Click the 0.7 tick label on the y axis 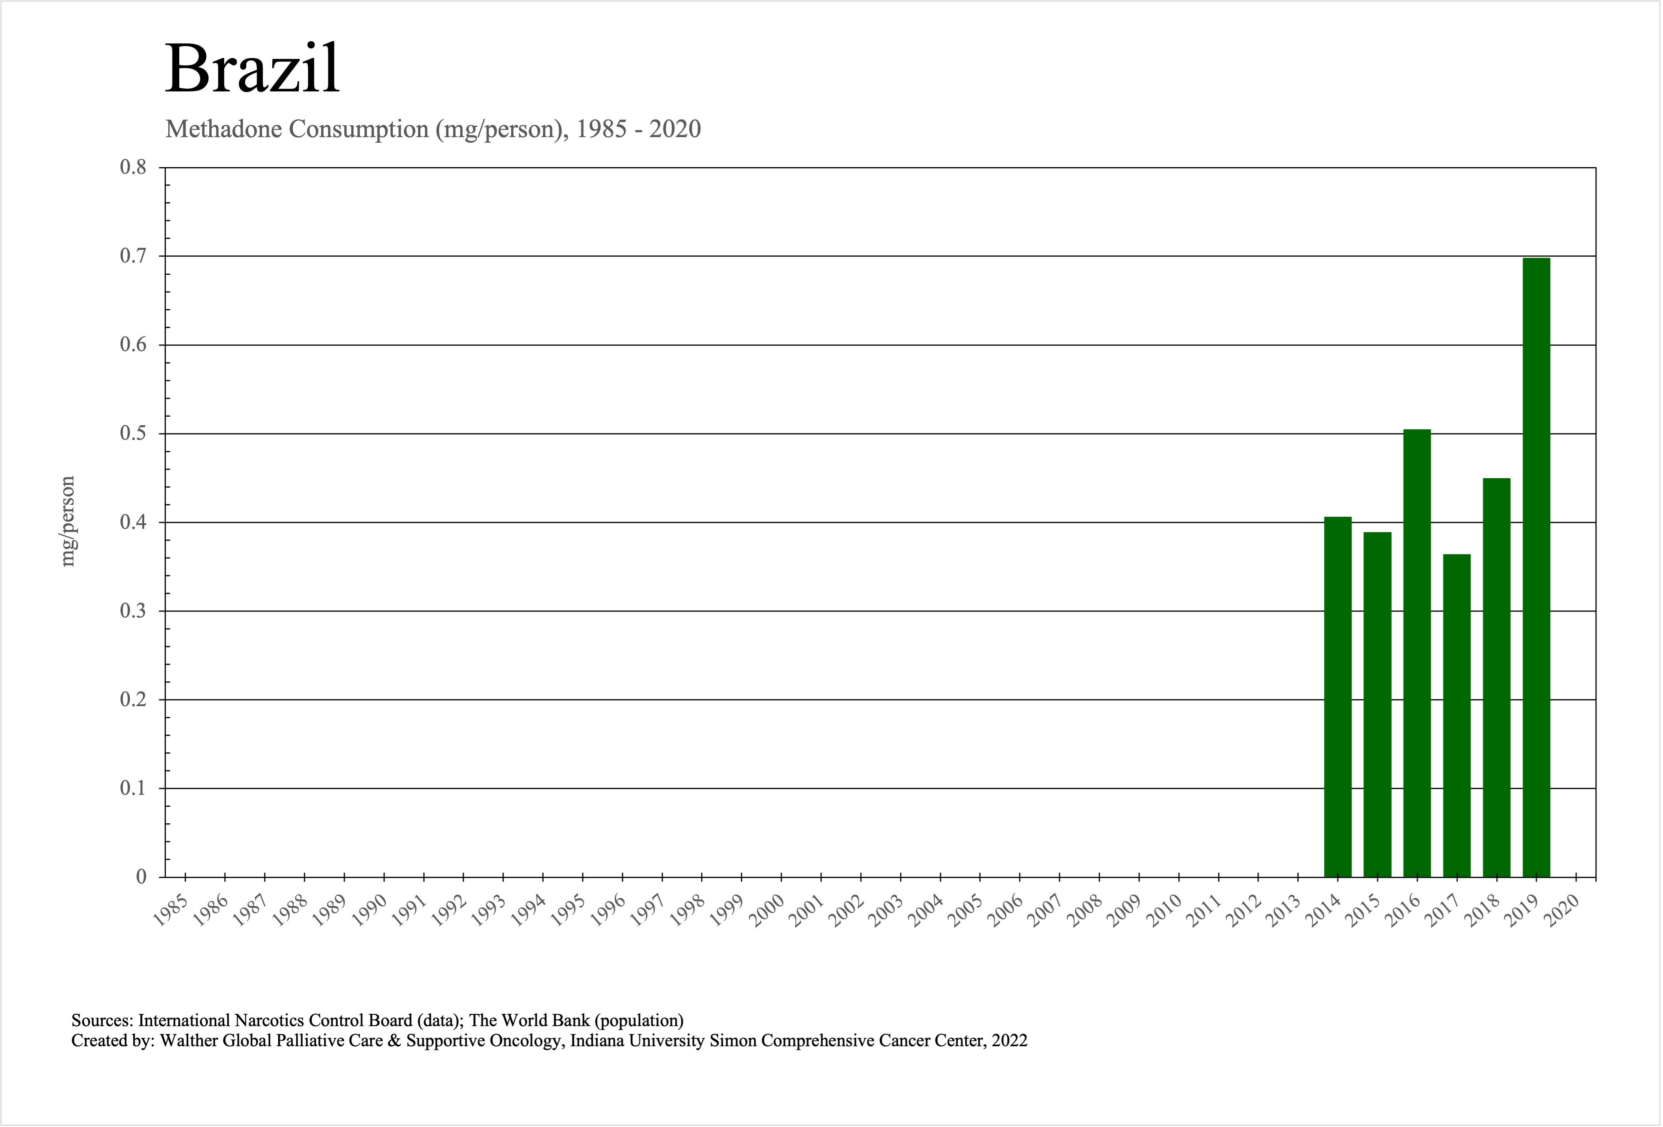(x=133, y=256)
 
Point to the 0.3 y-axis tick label (x=133, y=611)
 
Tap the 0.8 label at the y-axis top (x=133, y=167)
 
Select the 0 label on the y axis (x=141, y=876)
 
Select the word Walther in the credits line (x=189, y=1040)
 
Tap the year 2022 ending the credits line (x=1009, y=1040)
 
